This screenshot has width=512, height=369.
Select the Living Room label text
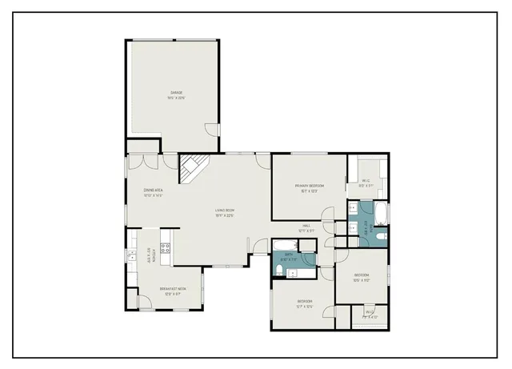pyautogui.click(x=225, y=212)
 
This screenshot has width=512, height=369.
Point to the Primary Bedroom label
pyautogui.click(x=309, y=187)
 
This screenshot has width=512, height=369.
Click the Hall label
pyautogui.click(x=306, y=227)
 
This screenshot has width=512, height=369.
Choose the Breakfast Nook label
pyautogui.click(x=173, y=291)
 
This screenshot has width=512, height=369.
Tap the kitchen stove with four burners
pyautogui.click(x=166, y=249)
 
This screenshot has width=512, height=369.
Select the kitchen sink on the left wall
pyautogui.click(x=130, y=256)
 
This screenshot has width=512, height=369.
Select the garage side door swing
pyautogui.click(x=210, y=130)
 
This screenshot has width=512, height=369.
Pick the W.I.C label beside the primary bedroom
pyautogui.click(x=366, y=182)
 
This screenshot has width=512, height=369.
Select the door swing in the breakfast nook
pyautogui.click(x=144, y=303)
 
